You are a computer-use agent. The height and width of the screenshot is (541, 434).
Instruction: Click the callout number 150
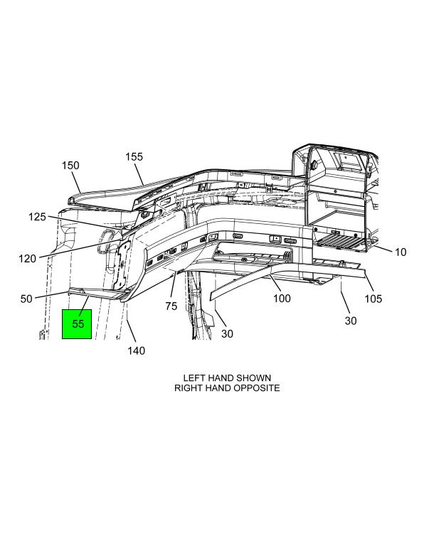[x=70, y=165]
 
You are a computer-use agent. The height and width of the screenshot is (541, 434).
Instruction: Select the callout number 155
[x=134, y=156]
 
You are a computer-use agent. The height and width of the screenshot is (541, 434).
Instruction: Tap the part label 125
[x=37, y=217]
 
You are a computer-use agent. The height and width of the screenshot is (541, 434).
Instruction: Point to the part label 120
[x=27, y=259]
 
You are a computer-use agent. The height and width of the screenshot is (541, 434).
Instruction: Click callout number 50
[x=26, y=299]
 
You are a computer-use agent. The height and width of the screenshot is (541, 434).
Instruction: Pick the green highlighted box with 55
[x=77, y=324]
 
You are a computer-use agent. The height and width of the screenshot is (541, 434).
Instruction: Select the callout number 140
[x=137, y=351]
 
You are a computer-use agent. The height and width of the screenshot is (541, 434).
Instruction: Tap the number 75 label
[x=171, y=306]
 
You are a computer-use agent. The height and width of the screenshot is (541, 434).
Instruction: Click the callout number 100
[x=282, y=299]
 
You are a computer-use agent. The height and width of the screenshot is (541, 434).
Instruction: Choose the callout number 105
[x=374, y=299]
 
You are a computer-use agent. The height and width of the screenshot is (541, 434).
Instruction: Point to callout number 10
[x=401, y=252]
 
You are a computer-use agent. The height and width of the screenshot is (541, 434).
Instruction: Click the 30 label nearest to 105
[x=351, y=321]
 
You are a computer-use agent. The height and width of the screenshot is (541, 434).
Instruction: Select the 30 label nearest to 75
[x=227, y=333]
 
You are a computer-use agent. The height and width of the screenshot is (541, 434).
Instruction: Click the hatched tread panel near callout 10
[x=341, y=242]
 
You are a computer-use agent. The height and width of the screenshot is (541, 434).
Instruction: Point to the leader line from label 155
[x=139, y=173]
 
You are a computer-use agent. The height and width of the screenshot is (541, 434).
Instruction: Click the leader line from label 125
[x=85, y=223]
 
